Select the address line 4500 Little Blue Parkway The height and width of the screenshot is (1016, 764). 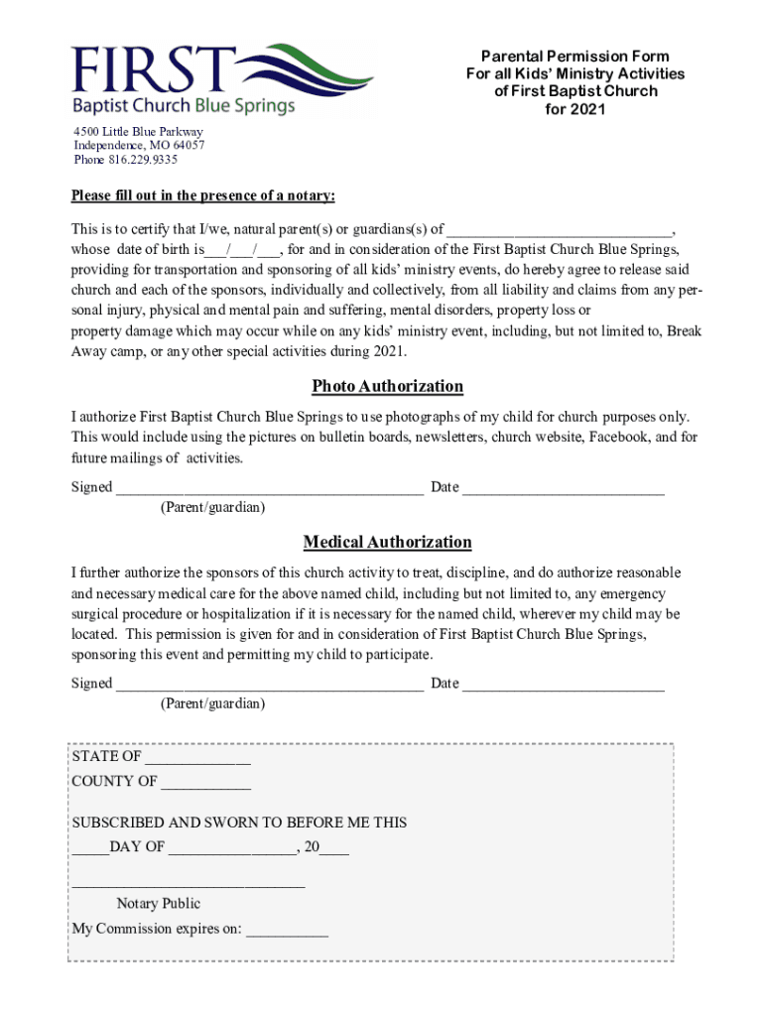tap(138, 131)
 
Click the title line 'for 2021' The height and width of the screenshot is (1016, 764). tap(574, 109)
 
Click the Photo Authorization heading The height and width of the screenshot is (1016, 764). tap(387, 386)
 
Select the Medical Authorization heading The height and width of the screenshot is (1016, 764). tap(387, 542)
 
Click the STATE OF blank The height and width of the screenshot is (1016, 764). tap(197, 758)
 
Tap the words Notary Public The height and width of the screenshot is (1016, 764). tap(159, 903)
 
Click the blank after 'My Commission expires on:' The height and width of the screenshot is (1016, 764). tap(287, 931)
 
